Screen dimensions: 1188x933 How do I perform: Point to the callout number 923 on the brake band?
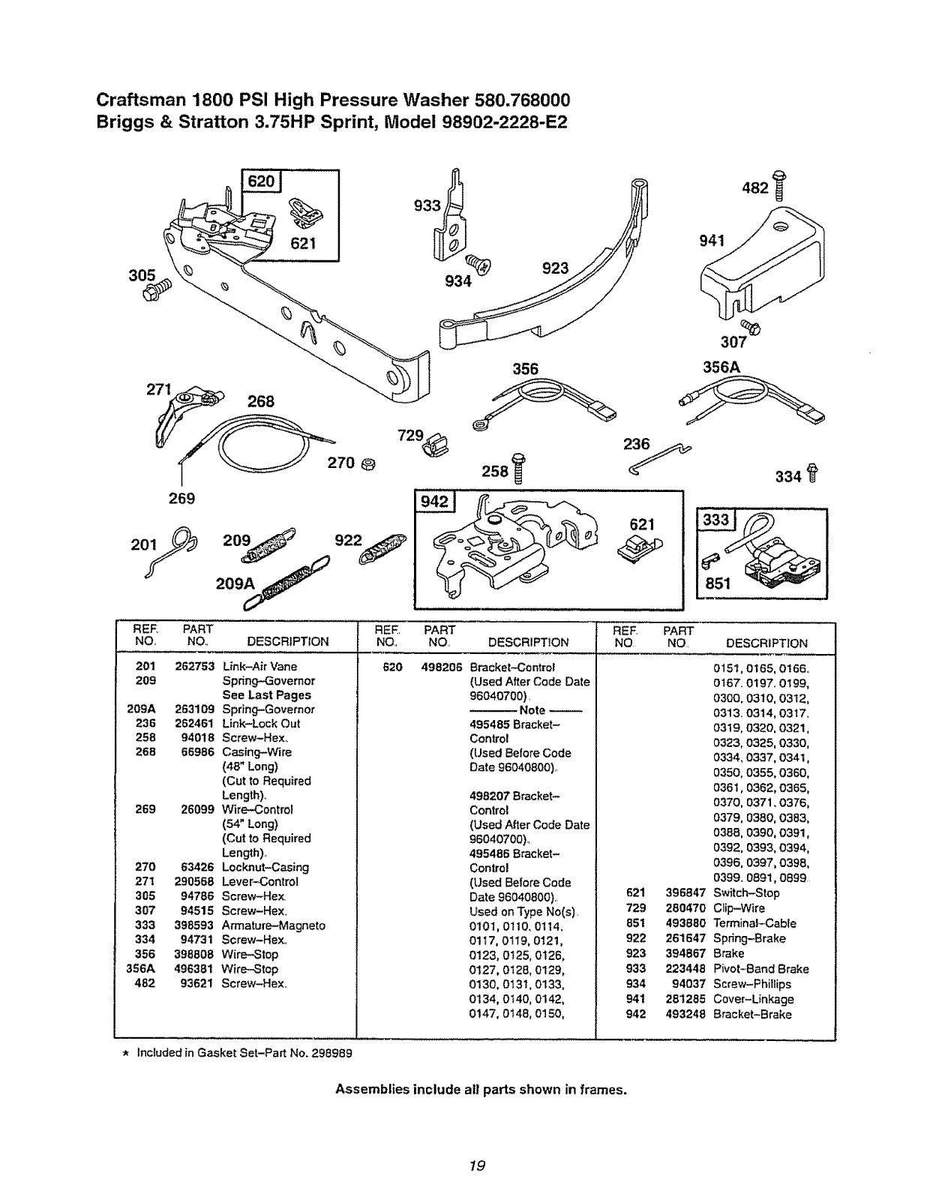(x=556, y=268)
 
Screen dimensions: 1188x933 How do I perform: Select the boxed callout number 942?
(x=433, y=502)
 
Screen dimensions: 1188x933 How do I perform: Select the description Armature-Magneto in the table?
(x=273, y=925)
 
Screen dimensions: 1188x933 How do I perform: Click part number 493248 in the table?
(x=685, y=1014)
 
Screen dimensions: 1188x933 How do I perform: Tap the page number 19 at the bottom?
(x=474, y=1165)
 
